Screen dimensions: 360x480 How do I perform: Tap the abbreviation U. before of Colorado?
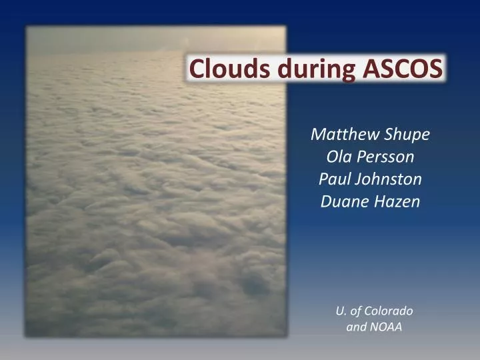pyautogui.click(x=341, y=311)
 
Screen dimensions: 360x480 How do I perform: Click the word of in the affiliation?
pyautogui.click(x=357, y=311)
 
